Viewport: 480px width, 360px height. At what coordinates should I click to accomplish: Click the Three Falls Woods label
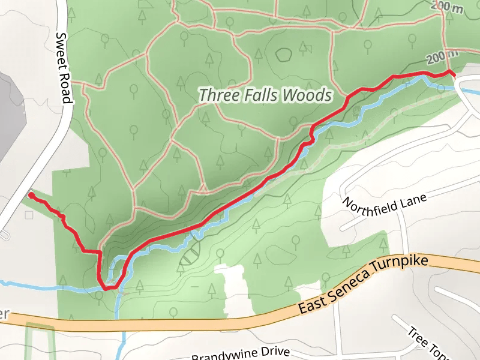click(265, 95)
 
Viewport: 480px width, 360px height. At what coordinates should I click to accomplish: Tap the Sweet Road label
click(64, 67)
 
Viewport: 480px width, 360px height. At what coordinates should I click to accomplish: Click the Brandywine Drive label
click(241, 355)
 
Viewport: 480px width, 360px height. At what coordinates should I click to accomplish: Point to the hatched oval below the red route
click(190, 254)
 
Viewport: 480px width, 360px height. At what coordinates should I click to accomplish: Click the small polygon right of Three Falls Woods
click(283, 55)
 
